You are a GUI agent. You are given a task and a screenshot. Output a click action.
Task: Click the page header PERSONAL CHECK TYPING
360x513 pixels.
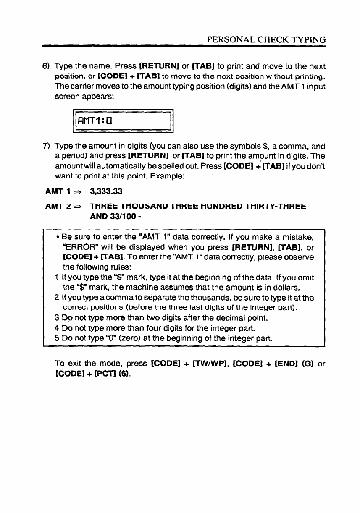tap(267, 40)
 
